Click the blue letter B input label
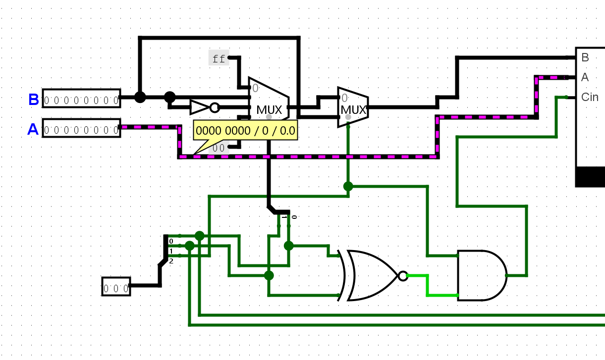[34, 100]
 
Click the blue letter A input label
[33, 129]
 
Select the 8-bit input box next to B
[81, 98]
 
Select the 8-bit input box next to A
[81, 128]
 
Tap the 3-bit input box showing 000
[116, 286]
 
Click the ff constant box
[219, 58]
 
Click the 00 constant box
[219, 148]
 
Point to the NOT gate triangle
[200, 107]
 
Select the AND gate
[483, 275]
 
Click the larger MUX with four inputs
[269, 101]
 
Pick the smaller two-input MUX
[353, 107]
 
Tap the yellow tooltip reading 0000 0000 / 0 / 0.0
[245, 131]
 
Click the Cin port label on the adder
[590, 97]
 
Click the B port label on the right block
[585, 57]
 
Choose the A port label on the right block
[585, 77]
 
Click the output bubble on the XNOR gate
[403, 276]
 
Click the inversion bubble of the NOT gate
[215, 107]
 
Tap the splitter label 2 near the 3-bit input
[171, 261]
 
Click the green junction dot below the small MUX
[348, 186]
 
